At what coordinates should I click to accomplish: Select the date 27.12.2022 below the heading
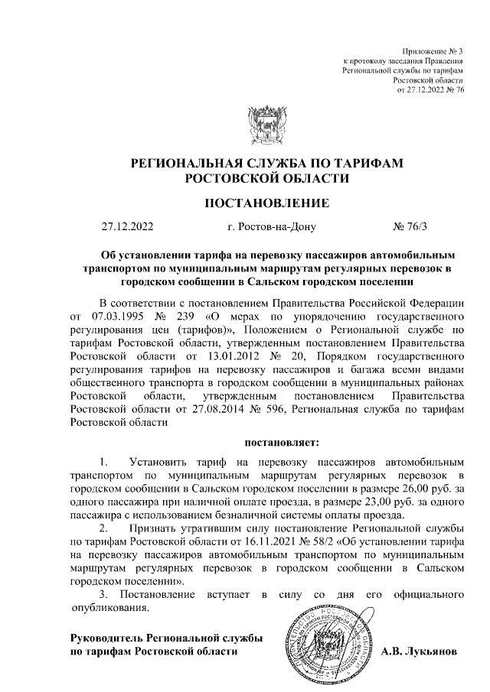point(127,227)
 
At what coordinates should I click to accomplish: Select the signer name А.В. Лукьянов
point(420,652)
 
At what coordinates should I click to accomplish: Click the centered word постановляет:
point(277,441)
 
